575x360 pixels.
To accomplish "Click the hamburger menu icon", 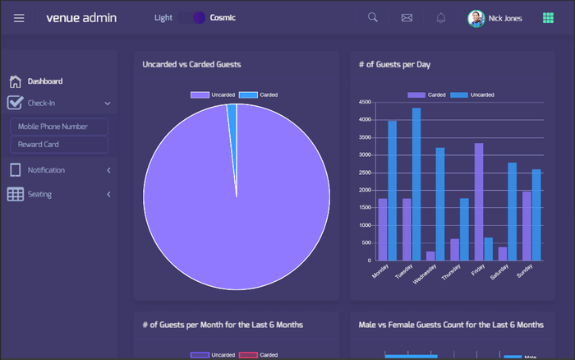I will (x=19, y=18).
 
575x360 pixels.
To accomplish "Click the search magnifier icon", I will (x=373, y=18).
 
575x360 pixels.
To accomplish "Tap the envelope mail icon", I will (x=407, y=18).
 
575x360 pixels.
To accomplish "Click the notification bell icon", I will (x=441, y=18).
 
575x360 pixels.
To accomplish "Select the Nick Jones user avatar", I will (x=476, y=18).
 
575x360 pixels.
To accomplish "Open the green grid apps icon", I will (x=548, y=18).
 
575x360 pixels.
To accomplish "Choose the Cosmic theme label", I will (x=222, y=17).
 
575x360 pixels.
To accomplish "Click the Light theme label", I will (x=163, y=17).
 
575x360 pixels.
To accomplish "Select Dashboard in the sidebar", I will (x=45, y=81).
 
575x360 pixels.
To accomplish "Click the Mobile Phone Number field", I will (x=59, y=127).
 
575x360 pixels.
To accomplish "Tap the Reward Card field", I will (x=59, y=145).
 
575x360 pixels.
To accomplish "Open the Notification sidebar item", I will (x=46, y=170).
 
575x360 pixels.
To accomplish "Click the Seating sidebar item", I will (x=39, y=195).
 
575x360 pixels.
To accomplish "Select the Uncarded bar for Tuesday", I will (x=416, y=184).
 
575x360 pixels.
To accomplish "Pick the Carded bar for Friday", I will (x=479, y=201).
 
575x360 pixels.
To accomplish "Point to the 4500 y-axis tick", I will (x=366, y=103).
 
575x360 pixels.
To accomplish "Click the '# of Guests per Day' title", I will (x=394, y=64).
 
